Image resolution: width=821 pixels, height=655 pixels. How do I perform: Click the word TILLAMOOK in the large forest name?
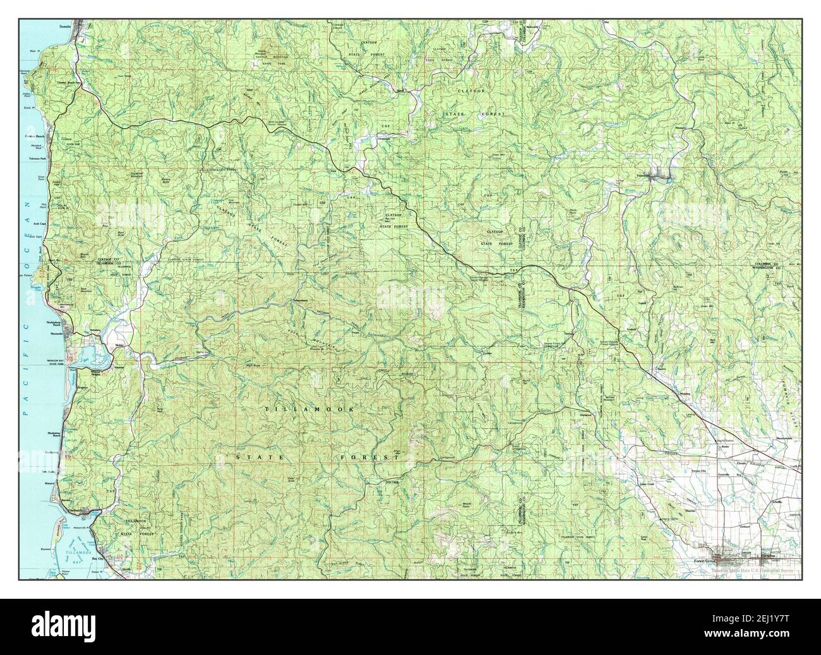pyautogui.click(x=309, y=410)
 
